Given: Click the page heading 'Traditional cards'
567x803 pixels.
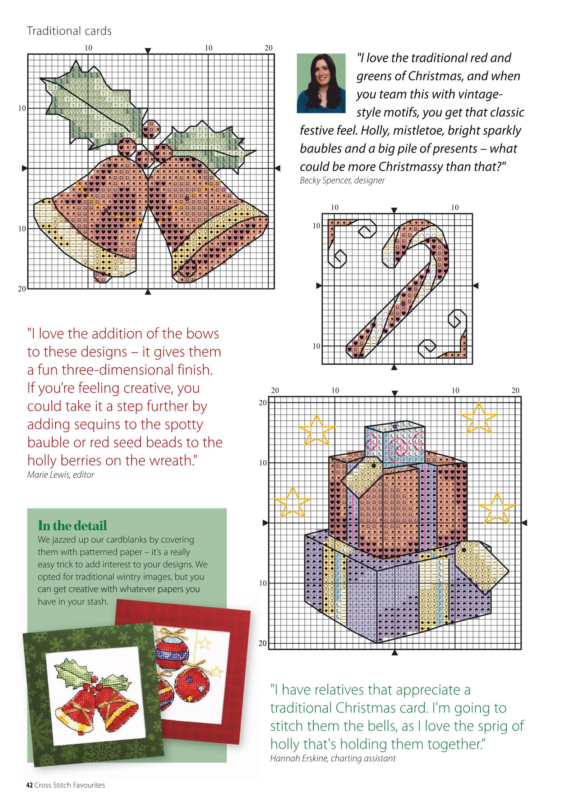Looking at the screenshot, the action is coord(69,31).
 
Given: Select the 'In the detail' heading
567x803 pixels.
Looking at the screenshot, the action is coord(72,526).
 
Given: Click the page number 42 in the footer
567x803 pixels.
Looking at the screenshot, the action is coord(29,795).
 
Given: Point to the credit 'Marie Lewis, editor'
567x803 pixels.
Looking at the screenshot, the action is coord(61,475).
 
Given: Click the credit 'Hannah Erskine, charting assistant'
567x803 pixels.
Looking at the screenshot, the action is coord(333,758).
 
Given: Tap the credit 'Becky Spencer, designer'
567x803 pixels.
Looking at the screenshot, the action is coord(342,181).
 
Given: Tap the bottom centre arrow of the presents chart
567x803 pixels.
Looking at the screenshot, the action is coord(395,653).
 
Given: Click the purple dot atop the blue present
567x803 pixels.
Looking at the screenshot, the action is coord(395,426).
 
